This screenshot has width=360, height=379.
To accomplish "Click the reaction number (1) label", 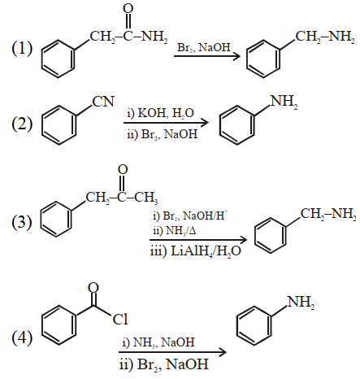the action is coord(22,48).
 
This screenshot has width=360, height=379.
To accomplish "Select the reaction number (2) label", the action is coord(22,124).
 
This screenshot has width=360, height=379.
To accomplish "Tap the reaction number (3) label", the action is coord(22,222).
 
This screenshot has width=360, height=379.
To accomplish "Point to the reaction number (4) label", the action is coord(22,338).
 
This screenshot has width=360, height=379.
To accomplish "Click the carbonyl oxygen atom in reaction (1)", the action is coord(128,8).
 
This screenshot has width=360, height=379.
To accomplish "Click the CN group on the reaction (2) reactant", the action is coord(103,102).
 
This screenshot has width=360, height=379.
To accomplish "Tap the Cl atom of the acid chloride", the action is coord(120,319).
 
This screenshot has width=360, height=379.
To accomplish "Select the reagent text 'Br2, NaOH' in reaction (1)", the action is coord(204,47).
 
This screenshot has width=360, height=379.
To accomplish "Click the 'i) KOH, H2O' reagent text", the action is coord(161,113).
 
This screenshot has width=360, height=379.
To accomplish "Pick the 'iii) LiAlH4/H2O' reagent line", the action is coord(195,251).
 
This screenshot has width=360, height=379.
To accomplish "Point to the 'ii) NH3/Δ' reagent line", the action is coord(175,231).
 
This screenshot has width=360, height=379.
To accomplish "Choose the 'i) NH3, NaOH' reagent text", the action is coord(158,342).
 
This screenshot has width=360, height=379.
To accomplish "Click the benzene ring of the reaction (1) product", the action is coord(263,59).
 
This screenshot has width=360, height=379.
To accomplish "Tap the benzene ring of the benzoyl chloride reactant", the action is coord(59,325).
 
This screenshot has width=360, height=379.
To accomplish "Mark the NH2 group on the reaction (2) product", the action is coord(284,102).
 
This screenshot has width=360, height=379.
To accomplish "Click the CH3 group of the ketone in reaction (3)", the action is coord(146,198).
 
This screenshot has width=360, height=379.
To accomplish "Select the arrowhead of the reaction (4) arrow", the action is coord(223,352).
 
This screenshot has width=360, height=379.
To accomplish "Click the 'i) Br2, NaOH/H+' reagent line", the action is coord(190,216).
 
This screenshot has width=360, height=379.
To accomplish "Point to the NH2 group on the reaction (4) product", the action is coord(301,303).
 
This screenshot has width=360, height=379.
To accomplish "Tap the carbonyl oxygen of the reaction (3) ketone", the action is coord(123,170).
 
